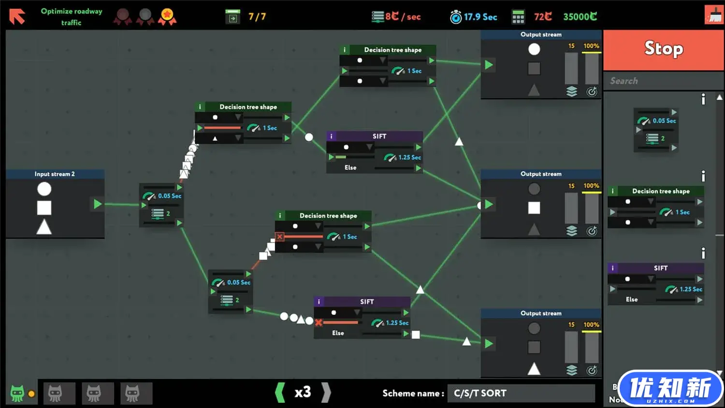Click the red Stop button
click(x=664, y=49)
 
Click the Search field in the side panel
click(x=664, y=81)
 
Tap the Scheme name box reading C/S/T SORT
click(x=521, y=393)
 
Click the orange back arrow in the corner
click(x=17, y=16)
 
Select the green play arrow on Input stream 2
click(x=98, y=204)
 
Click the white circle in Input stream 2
click(x=44, y=189)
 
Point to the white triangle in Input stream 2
click(x=44, y=227)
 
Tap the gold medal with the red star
click(x=167, y=16)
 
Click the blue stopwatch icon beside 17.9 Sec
click(x=456, y=17)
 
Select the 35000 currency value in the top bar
click(x=580, y=16)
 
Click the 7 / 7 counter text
click(x=257, y=16)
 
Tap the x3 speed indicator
click(x=303, y=392)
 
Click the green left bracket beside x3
click(x=280, y=393)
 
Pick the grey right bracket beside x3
click(x=326, y=393)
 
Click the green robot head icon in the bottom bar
click(x=17, y=393)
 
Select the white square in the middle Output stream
click(x=534, y=208)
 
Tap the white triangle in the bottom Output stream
click(x=534, y=369)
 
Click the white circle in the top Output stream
click(x=534, y=49)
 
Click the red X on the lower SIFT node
click(x=319, y=322)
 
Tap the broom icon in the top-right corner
click(x=714, y=15)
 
